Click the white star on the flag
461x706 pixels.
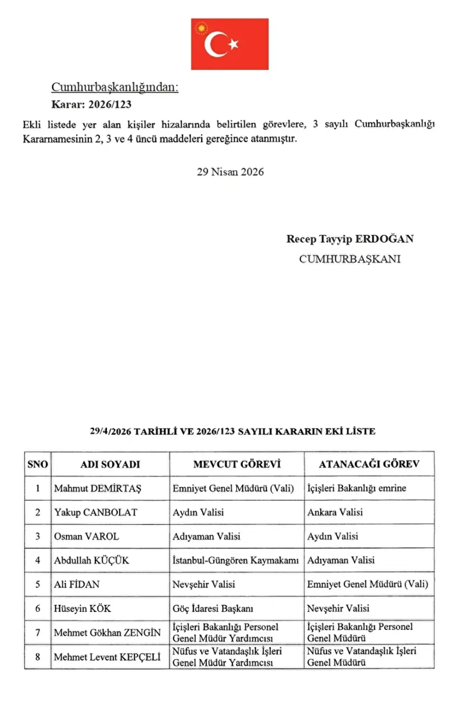(234, 44)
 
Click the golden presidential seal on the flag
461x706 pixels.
(201, 28)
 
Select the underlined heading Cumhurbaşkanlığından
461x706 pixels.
(115, 87)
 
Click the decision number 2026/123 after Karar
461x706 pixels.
(110, 104)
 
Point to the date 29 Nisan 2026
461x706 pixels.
(230, 172)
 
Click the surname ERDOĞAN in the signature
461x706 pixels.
(384, 239)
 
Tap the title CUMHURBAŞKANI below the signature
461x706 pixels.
(350, 259)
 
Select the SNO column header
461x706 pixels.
(37, 464)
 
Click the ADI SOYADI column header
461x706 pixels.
(110, 464)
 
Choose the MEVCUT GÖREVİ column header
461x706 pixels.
(237, 464)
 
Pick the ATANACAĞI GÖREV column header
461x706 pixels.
(369, 464)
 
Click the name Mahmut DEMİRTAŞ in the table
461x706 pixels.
(98, 489)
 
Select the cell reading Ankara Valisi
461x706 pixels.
(335, 512)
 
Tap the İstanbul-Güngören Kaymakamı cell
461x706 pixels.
(236, 561)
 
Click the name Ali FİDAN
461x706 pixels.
(77, 584)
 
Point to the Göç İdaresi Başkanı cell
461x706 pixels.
(213, 608)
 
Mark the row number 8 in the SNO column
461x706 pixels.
(37, 657)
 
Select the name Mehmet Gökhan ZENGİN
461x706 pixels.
(107, 633)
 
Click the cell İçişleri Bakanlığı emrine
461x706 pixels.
(357, 488)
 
